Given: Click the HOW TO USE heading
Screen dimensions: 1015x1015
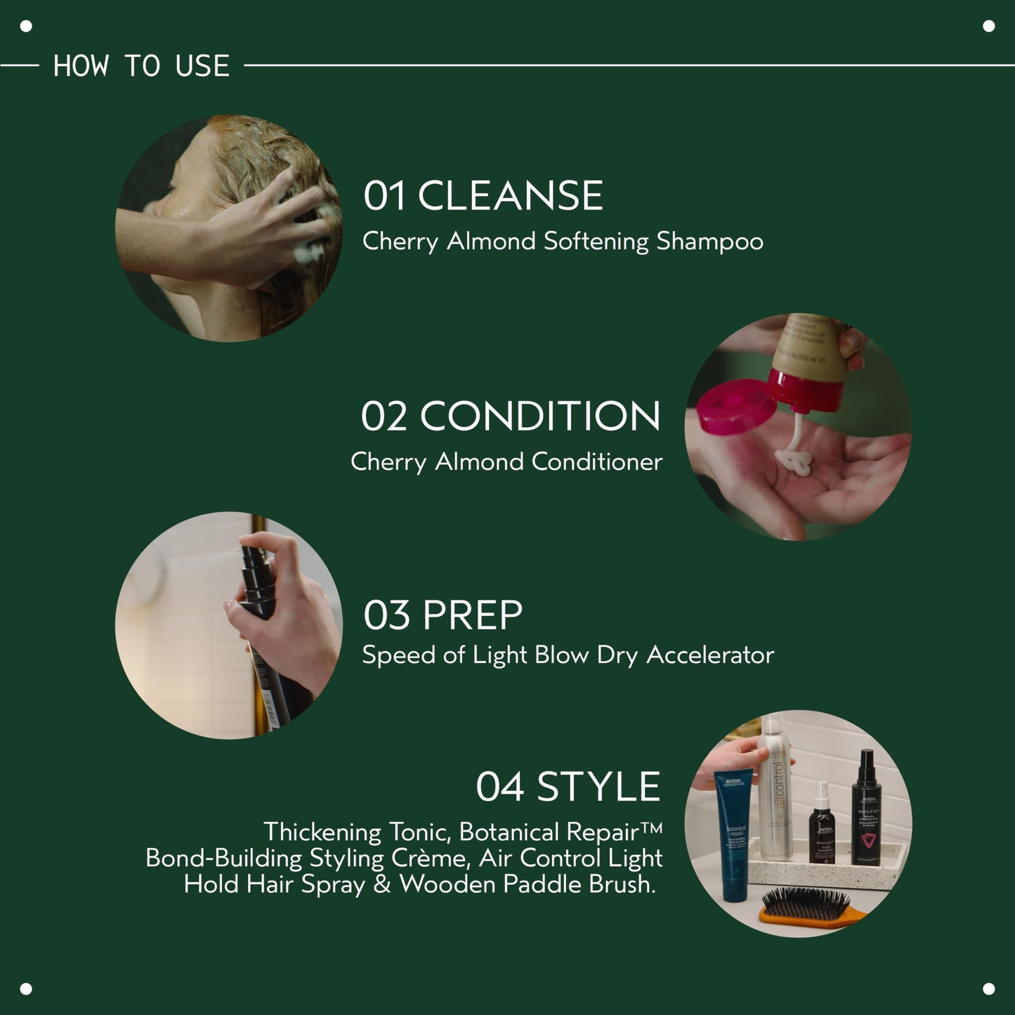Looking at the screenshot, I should [141, 66].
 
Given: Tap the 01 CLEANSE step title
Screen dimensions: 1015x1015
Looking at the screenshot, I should [483, 195].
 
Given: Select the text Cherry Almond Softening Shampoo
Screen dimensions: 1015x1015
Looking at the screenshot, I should [563, 242].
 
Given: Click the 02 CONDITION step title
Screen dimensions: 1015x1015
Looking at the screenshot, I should [511, 416].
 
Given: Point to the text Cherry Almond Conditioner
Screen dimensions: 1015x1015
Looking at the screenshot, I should [506, 462].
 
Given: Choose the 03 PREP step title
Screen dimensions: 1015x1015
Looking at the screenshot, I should [443, 615].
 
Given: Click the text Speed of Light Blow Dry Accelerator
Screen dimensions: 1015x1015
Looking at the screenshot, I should [568, 655].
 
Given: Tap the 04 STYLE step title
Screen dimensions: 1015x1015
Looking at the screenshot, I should [568, 786].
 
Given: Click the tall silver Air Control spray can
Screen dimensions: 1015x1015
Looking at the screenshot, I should [775, 794].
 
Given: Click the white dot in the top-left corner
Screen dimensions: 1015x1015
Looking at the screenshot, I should [26, 27].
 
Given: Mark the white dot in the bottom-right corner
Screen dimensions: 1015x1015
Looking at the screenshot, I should [988, 988].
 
